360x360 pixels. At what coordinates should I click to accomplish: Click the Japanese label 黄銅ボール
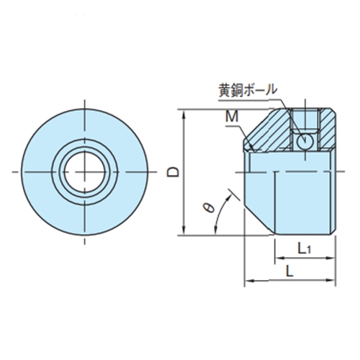click(x=248, y=91)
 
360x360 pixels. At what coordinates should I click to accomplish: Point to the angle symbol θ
click(x=207, y=207)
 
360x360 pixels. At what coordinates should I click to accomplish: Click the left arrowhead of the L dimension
click(x=248, y=281)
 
